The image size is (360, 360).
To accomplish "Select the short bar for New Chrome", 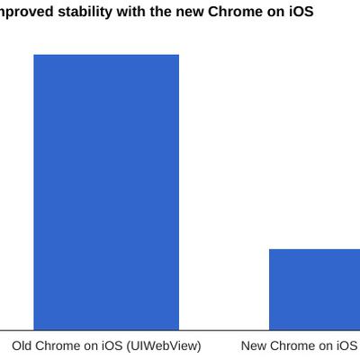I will point(315,289).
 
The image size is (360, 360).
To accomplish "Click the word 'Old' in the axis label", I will point(22,346).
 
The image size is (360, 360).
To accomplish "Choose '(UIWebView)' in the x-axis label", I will point(164,346).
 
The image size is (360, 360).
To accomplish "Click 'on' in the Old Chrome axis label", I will point(92,346).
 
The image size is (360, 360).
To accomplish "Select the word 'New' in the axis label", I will point(255,346).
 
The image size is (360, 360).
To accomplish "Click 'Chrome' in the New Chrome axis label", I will point(293,346).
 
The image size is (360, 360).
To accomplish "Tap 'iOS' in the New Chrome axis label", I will point(347,346).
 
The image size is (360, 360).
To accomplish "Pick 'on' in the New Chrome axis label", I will point(327,346).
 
